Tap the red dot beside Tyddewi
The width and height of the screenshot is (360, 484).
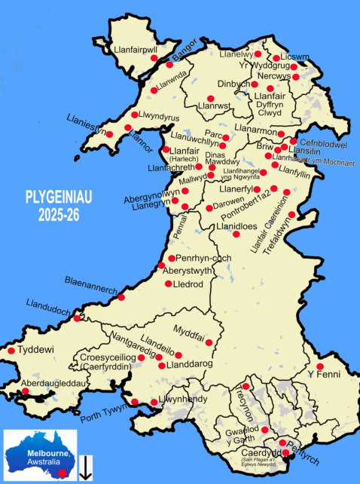[11, 351]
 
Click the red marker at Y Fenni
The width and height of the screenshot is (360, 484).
[320, 366]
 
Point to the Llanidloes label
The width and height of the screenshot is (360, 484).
[239, 226]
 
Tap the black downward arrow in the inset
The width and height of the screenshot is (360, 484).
[87, 467]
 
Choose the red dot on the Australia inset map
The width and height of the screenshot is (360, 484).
[63, 472]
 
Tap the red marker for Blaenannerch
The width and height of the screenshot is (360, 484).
[121, 297]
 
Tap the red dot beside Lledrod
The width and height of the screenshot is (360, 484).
[167, 284]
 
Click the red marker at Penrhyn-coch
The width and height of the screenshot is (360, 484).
[172, 258]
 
